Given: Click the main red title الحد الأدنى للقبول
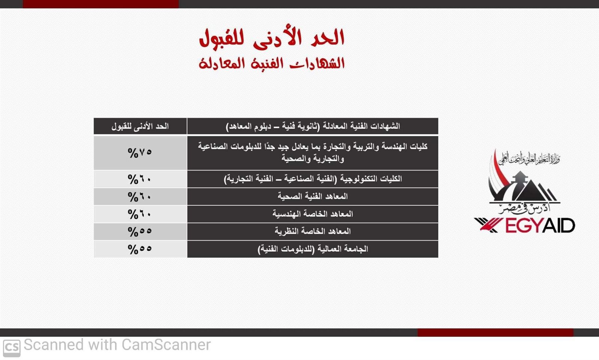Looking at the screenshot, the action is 272,38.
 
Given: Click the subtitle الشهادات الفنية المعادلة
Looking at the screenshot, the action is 272,63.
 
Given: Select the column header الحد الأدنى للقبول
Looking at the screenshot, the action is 140,126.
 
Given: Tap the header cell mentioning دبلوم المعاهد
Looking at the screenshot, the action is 313,126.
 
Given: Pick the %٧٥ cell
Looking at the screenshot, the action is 140,153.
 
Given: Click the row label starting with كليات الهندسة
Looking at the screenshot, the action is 313,153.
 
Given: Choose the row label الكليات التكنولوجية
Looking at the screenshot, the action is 313,179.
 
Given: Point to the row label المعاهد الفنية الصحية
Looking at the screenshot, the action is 313,196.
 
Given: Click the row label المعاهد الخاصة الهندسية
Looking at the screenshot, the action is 313,214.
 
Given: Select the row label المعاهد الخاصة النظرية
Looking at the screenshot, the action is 313,231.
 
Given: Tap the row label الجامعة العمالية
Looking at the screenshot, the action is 313,249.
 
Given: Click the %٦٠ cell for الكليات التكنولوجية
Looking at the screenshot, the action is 140,179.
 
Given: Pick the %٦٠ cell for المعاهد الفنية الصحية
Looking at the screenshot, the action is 140,197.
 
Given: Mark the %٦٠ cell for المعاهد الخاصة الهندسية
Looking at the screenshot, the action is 140,214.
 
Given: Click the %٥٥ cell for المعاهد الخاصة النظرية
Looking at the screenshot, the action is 140,231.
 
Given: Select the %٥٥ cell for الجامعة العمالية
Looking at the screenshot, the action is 140,249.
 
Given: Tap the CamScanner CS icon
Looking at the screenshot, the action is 12,348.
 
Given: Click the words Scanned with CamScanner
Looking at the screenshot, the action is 117,345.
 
